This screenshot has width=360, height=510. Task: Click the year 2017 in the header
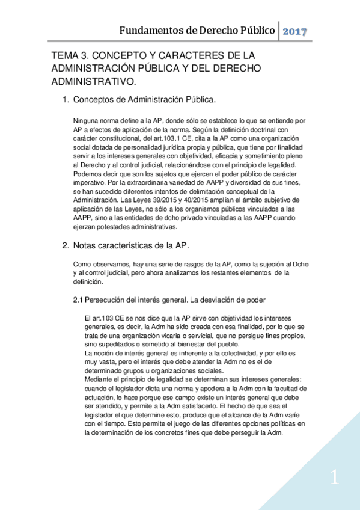pos(294,31)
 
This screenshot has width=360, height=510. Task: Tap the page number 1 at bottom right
pos(335,479)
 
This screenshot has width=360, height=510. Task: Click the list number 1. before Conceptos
pos(66,99)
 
